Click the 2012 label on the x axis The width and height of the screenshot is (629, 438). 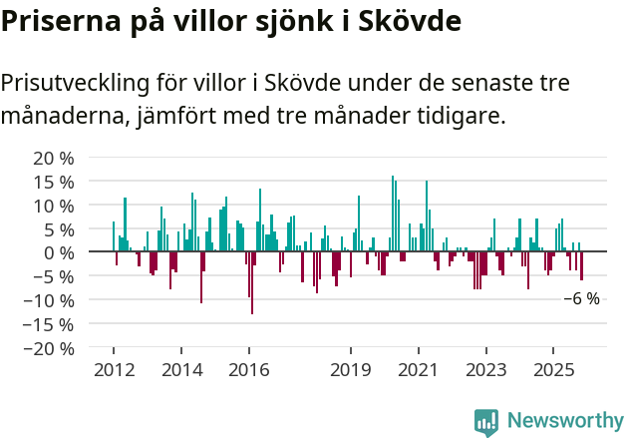[113, 370]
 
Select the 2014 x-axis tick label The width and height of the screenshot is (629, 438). [180, 370]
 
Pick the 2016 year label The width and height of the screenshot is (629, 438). [248, 370]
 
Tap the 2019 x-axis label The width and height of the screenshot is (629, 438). [350, 370]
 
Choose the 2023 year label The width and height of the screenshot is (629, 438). [485, 370]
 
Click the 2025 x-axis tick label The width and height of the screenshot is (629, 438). [553, 370]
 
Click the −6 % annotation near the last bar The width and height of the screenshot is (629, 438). [582, 298]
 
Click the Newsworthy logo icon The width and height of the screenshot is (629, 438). [486, 421]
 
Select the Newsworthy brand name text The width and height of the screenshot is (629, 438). [564, 421]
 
